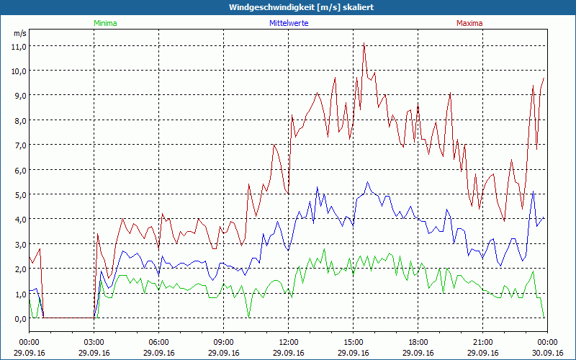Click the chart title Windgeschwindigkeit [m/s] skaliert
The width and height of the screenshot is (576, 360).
click(302, 6)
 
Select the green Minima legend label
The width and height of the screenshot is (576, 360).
click(104, 23)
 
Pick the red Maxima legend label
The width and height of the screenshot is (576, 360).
click(469, 23)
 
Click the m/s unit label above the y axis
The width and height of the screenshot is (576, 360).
click(19, 33)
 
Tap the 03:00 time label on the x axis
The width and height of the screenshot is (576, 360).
click(94, 341)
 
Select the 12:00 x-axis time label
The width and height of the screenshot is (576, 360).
click(289, 341)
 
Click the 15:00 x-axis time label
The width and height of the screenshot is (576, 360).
click(354, 341)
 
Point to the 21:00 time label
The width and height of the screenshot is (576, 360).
click(483, 341)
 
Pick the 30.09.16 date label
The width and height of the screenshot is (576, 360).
click(546, 353)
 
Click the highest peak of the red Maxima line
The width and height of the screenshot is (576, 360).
click(365, 44)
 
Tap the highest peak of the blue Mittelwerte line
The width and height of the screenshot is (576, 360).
click(366, 182)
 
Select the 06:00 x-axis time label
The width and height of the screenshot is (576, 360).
click(159, 341)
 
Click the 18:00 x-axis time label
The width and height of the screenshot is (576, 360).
click(418, 341)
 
